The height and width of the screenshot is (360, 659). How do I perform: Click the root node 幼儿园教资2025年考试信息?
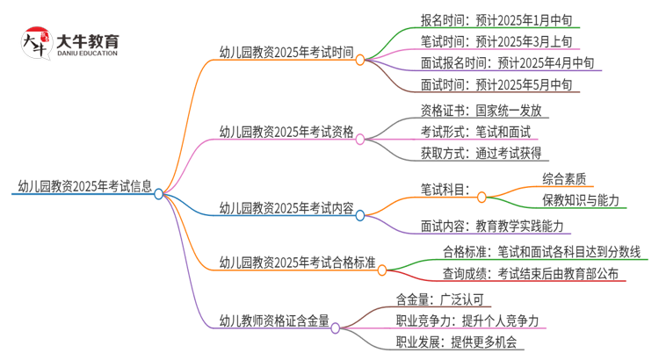[84, 186]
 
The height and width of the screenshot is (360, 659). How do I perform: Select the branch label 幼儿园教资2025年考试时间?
[286, 52]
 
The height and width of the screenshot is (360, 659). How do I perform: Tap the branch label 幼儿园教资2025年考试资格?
[286, 133]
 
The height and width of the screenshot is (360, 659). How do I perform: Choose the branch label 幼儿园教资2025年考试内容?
[286, 208]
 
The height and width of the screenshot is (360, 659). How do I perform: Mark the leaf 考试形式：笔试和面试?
[475, 133]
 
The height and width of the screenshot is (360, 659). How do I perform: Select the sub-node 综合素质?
[563, 178]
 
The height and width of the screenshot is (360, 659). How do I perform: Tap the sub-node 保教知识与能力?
[580, 200]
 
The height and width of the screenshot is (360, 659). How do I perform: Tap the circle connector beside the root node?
[159, 195]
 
